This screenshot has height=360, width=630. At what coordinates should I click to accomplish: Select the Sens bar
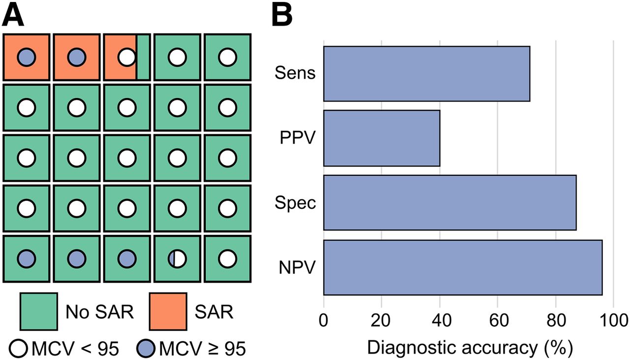[x=427, y=74]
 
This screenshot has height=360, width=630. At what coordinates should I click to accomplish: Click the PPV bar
[x=381, y=138]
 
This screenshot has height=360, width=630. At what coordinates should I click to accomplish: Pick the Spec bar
[x=450, y=203]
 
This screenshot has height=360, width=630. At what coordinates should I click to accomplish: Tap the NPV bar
[x=463, y=267]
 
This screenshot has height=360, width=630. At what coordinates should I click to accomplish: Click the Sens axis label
[x=295, y=73]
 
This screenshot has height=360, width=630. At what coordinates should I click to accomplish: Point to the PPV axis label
[x=297, y=138]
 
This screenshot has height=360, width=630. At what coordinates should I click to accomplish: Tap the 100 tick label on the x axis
[x=613, y=320]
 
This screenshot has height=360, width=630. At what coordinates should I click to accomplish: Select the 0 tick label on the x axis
[x=323, y=320]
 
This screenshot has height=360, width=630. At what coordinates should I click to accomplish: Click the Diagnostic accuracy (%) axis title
[x=470, y=348]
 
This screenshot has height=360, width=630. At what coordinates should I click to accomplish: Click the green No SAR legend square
[x=39, y=311]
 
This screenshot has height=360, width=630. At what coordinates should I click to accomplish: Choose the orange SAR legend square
[x=168, y=311]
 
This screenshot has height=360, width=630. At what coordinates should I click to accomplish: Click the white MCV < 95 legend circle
[x=18, y=349]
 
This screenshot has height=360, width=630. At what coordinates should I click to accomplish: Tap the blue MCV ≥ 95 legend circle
[x=146, y=349]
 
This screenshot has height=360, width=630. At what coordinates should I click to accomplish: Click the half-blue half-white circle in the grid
[x=177, y=259]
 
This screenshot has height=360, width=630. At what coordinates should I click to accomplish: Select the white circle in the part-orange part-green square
[x=127, y=58]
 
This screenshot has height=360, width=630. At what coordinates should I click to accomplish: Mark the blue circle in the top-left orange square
[x=27, y=58]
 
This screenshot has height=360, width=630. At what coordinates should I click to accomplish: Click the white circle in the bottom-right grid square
[x=227, y=259]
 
